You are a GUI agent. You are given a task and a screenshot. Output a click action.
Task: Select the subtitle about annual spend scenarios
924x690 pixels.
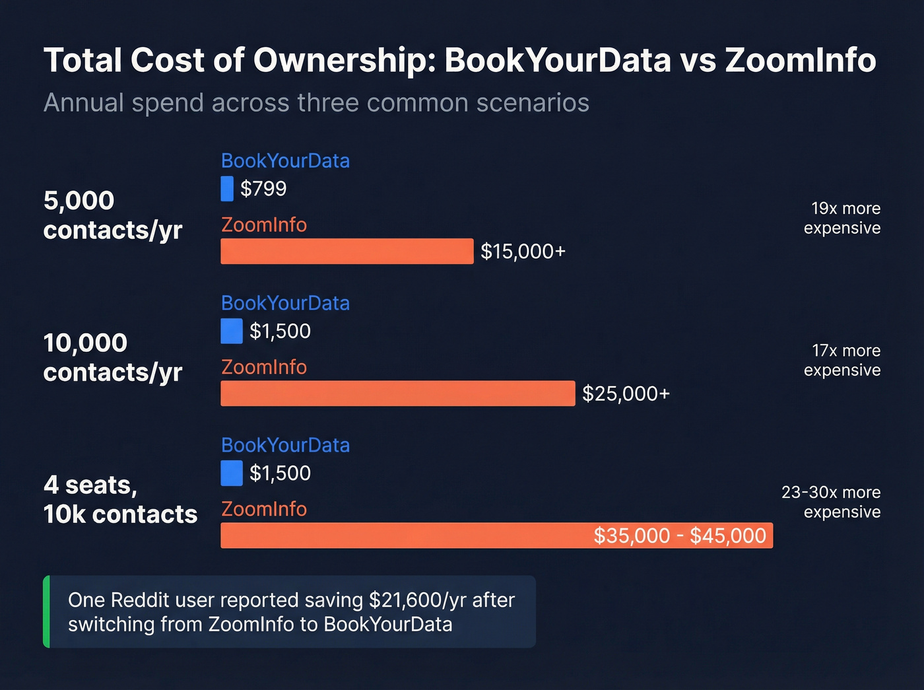click(x=316, y=103)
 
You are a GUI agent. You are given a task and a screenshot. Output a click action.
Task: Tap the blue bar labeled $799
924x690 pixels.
click(x=227, y=189)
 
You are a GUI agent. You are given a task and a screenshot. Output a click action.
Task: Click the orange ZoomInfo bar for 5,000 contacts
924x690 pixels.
click(x=346, y=252)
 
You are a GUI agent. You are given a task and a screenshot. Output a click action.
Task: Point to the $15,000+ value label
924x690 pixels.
click(x=523, y=252)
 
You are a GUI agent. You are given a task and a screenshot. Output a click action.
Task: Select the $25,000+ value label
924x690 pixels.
click(x=626, y=394)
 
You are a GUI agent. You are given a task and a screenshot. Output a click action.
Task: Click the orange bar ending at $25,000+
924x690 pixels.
click(x=397, y=394)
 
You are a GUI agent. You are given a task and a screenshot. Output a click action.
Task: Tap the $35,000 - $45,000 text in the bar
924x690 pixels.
click(x=679, y=535)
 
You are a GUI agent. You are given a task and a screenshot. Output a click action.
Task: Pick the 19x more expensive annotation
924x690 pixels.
click(x=842, y=218)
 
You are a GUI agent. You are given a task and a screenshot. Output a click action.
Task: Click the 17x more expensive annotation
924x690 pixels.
click(x=842, y=360)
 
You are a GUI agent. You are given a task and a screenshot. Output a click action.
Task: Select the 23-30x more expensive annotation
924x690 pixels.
click(x=832, y=502)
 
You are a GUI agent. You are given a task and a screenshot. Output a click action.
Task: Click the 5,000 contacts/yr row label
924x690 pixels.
click(x=112, y=215)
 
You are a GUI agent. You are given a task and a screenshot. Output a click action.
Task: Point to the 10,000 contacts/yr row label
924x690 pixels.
click(x=112, y=357)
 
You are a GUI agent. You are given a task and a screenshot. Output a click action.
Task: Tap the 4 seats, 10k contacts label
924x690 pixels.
click(x=120, y=499)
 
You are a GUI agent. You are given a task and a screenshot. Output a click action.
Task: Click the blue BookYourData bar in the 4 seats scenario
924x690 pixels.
click(x=232, y=473)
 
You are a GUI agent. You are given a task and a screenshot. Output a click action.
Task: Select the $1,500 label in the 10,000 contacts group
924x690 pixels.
click(x=280, y=331)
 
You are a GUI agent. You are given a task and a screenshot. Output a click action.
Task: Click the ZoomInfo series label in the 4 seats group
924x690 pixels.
click(x=264, y=509)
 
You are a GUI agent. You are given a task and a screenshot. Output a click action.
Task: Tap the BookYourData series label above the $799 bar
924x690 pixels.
click(x=285, y=160)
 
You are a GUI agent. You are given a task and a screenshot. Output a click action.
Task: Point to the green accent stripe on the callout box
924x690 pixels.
click(x=46, y=611)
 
